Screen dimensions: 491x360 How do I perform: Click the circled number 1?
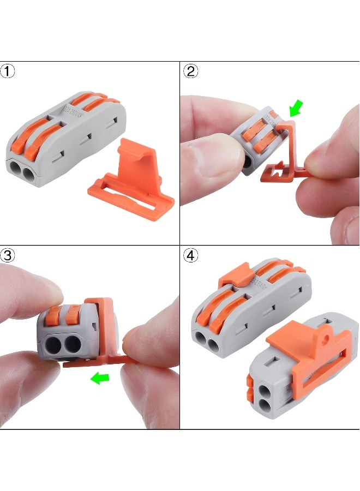pyautogui.click(x=8, y=71)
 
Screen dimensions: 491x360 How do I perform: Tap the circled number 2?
pyautogui.click(x=191, y=71)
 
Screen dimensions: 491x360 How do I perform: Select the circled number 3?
pyautogui.click(x=8, y=255)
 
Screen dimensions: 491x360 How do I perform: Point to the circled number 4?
pyautogui.click(x=191, y=255)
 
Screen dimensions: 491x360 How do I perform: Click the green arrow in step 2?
pyautogui.click(x=296, y=108)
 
